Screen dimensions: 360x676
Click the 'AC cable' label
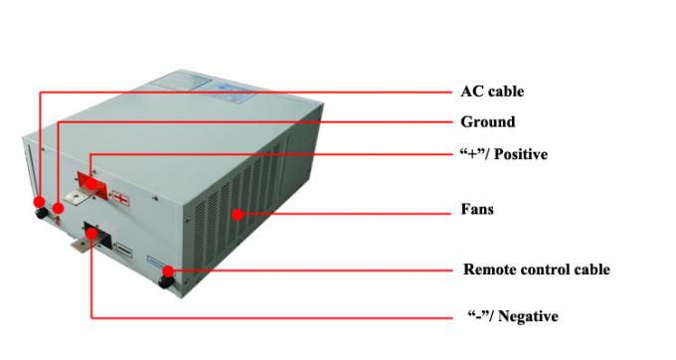(491, 91)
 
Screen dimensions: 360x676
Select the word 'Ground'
(487, 122)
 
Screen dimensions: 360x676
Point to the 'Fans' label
(477, 210)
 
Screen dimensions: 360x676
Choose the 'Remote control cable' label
(536, 270)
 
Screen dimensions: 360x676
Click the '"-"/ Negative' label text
(512, 316)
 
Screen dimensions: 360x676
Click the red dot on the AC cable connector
(40, 202)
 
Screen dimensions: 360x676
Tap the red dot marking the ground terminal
(59, 209)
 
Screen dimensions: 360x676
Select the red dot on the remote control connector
(169, 270)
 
